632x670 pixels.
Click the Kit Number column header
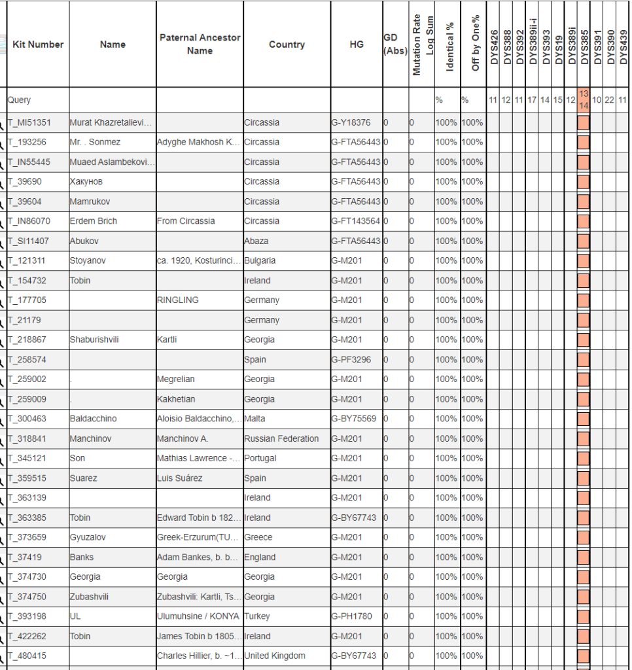38,44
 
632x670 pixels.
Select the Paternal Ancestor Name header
200,44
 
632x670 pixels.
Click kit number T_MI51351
29,122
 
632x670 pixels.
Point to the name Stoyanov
88,260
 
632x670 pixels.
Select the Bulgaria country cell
260,260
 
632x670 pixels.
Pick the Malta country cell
255,419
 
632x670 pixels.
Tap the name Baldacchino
93,419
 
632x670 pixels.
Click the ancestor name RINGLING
177,300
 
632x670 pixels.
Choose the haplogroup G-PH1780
351,616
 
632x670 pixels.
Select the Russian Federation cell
281,438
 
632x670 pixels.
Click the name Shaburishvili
94,340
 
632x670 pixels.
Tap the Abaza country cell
256,241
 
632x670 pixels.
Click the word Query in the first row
19,100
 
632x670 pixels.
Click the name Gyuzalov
88,537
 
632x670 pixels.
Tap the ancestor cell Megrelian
175,379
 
